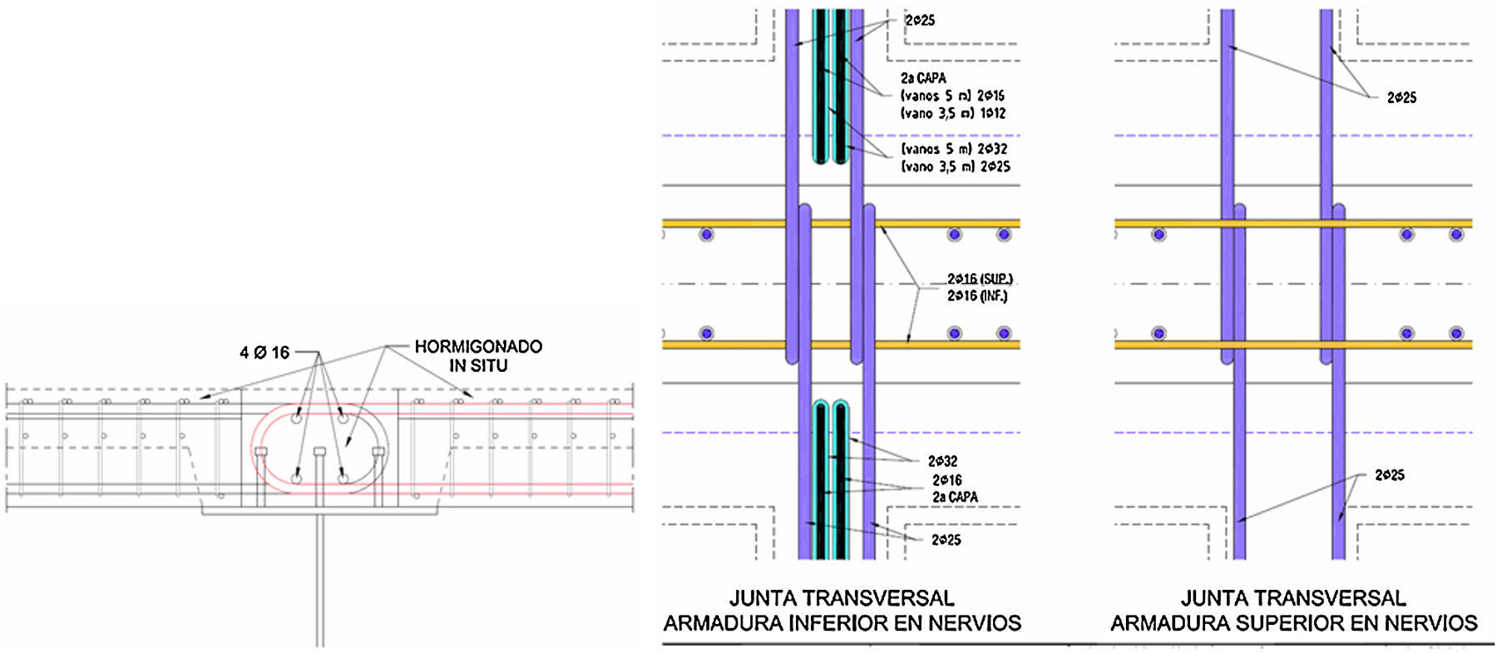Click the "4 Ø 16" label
tap(264, 353)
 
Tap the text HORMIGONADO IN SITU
tap(478, 355)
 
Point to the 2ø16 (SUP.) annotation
tap(980, 279)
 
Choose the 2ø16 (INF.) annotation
tap(977, 295)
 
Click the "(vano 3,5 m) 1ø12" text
tap(953, 113)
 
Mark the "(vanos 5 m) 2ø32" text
tap(954, 149)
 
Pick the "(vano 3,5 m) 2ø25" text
tap(955, 166)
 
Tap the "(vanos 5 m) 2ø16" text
tap(952, 96)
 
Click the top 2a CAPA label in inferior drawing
tap(923, 78)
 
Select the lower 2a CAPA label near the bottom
tap(955, 497)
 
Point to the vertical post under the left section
tap(319, 582)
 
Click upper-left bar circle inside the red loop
tap(296, 419)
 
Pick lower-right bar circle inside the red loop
tap(343, 478)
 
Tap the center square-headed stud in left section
tap(319, 452)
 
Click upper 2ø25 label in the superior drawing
tap(1401, 97)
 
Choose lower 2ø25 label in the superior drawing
tap(1390, 475)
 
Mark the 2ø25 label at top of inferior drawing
tap(920, 20)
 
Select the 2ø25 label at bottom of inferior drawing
tap(946, 540)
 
